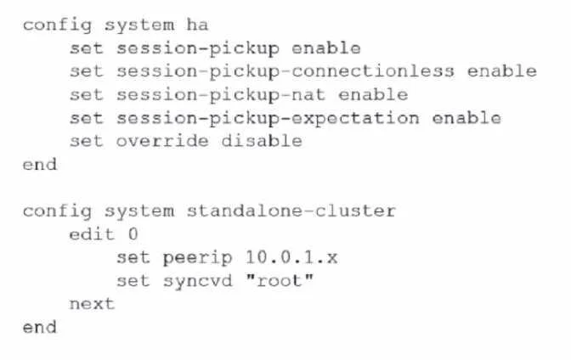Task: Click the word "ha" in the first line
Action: coord(197,25)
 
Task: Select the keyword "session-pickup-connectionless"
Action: coord(285,72)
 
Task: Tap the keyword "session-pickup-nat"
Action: coord(221,95)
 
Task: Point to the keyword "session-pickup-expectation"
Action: coord(268,119)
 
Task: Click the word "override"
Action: coord(162,141)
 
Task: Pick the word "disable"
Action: coord(262,141)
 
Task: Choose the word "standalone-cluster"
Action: coord(291,211)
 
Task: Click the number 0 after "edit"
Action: coord(133,234)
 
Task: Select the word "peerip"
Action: coord(197,258)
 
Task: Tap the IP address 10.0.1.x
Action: coord(291,257)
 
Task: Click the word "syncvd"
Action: coord(197,281)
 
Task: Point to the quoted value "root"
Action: coord(280,280)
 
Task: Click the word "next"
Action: coord(92,304)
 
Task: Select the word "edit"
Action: coord(92,234)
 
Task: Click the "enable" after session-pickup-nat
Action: coord(373,94)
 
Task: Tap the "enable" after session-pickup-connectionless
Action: coord(502,71)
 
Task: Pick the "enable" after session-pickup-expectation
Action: coord(466,118)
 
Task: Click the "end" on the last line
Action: coord(40,327)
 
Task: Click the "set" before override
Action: coord(87,141)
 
